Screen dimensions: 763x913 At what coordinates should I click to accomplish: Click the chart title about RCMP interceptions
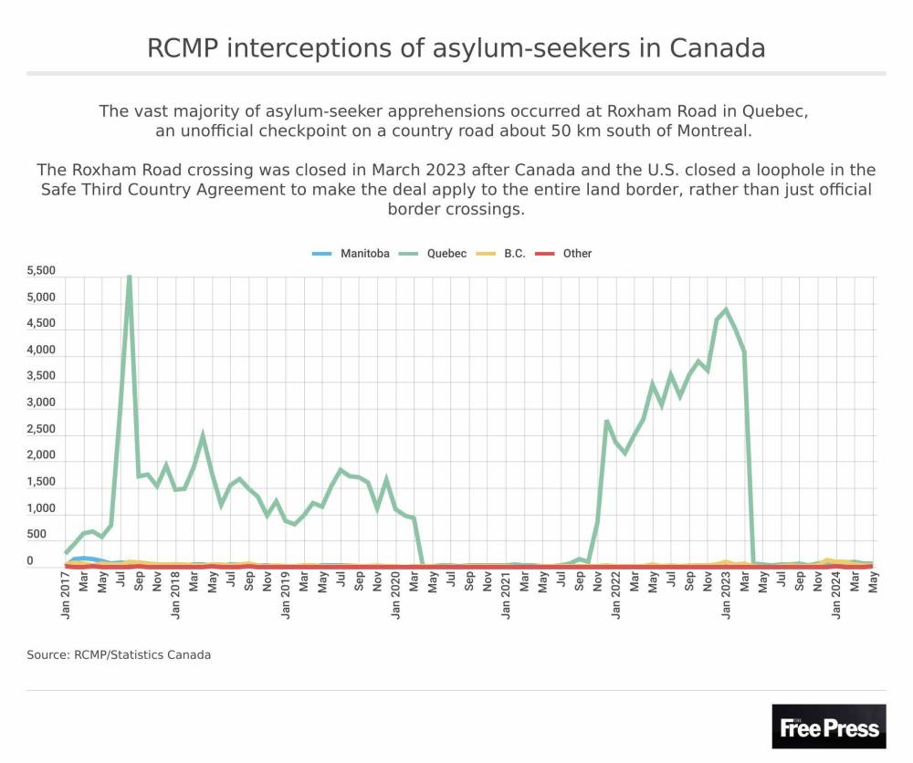tap(456, 47)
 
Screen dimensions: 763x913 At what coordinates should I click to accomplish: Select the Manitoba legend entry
tap(364, 254)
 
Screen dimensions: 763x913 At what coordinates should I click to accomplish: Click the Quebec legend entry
tap(446, 254)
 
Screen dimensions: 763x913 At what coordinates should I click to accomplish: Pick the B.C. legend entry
tap(514, 254)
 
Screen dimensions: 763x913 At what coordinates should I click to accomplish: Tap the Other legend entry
tap(577, 254)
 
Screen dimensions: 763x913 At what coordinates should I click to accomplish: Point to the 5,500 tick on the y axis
tap(42, 271)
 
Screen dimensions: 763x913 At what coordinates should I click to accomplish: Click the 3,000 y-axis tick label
tap(42, 402)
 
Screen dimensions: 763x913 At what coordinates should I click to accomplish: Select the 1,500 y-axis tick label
tap(42, 482)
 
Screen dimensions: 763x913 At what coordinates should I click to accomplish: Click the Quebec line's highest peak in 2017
tap(130, 277)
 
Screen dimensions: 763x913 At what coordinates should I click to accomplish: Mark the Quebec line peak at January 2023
tap(726, 309)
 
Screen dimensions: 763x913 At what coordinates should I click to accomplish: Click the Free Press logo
tap(829, 726)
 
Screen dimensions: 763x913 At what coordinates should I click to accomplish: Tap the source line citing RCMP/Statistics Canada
tap(119, 654)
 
